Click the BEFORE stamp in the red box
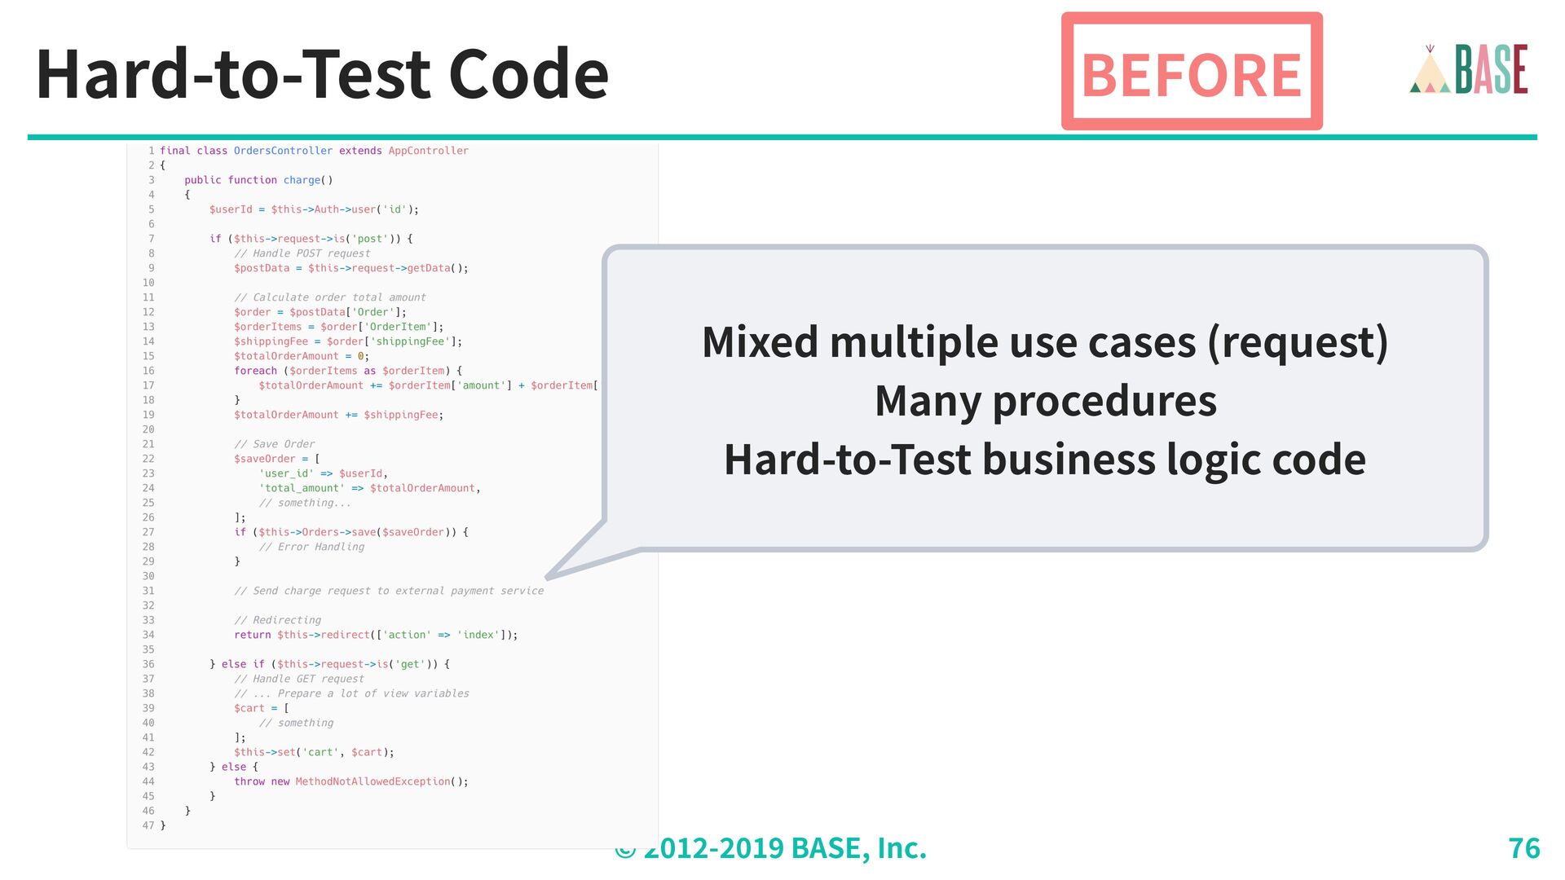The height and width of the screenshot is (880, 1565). [x=1191, y=74]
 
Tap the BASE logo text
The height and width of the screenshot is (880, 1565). [x=1492, y=69]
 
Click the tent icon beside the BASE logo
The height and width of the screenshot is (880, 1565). [x=1430, y=72]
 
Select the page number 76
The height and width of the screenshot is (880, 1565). [x=1523, y=848]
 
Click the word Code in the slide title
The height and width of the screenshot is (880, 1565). [x=528, y=74]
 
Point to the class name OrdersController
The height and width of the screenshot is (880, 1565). [x=283, y=151]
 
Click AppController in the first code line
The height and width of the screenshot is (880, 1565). [x=428, y=151]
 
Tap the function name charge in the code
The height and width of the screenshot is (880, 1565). [x=302, y=180]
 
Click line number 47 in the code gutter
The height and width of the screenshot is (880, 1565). [x=148, y=825]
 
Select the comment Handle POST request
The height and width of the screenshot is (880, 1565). [x=302, y=253]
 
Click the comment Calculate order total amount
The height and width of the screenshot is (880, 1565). [x=330, y=297]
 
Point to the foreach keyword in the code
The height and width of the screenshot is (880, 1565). [x=255, y=371]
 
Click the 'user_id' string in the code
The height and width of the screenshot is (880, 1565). [x=286, y=473]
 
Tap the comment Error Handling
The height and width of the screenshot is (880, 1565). [x=312, y=547]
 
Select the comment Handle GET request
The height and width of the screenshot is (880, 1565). [x=299, y=679]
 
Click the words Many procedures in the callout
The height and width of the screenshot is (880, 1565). [x=1045, y=401]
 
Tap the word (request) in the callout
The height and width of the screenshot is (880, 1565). [x=1298, y=342]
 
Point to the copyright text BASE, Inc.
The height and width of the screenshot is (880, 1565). [x=858, y=848]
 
